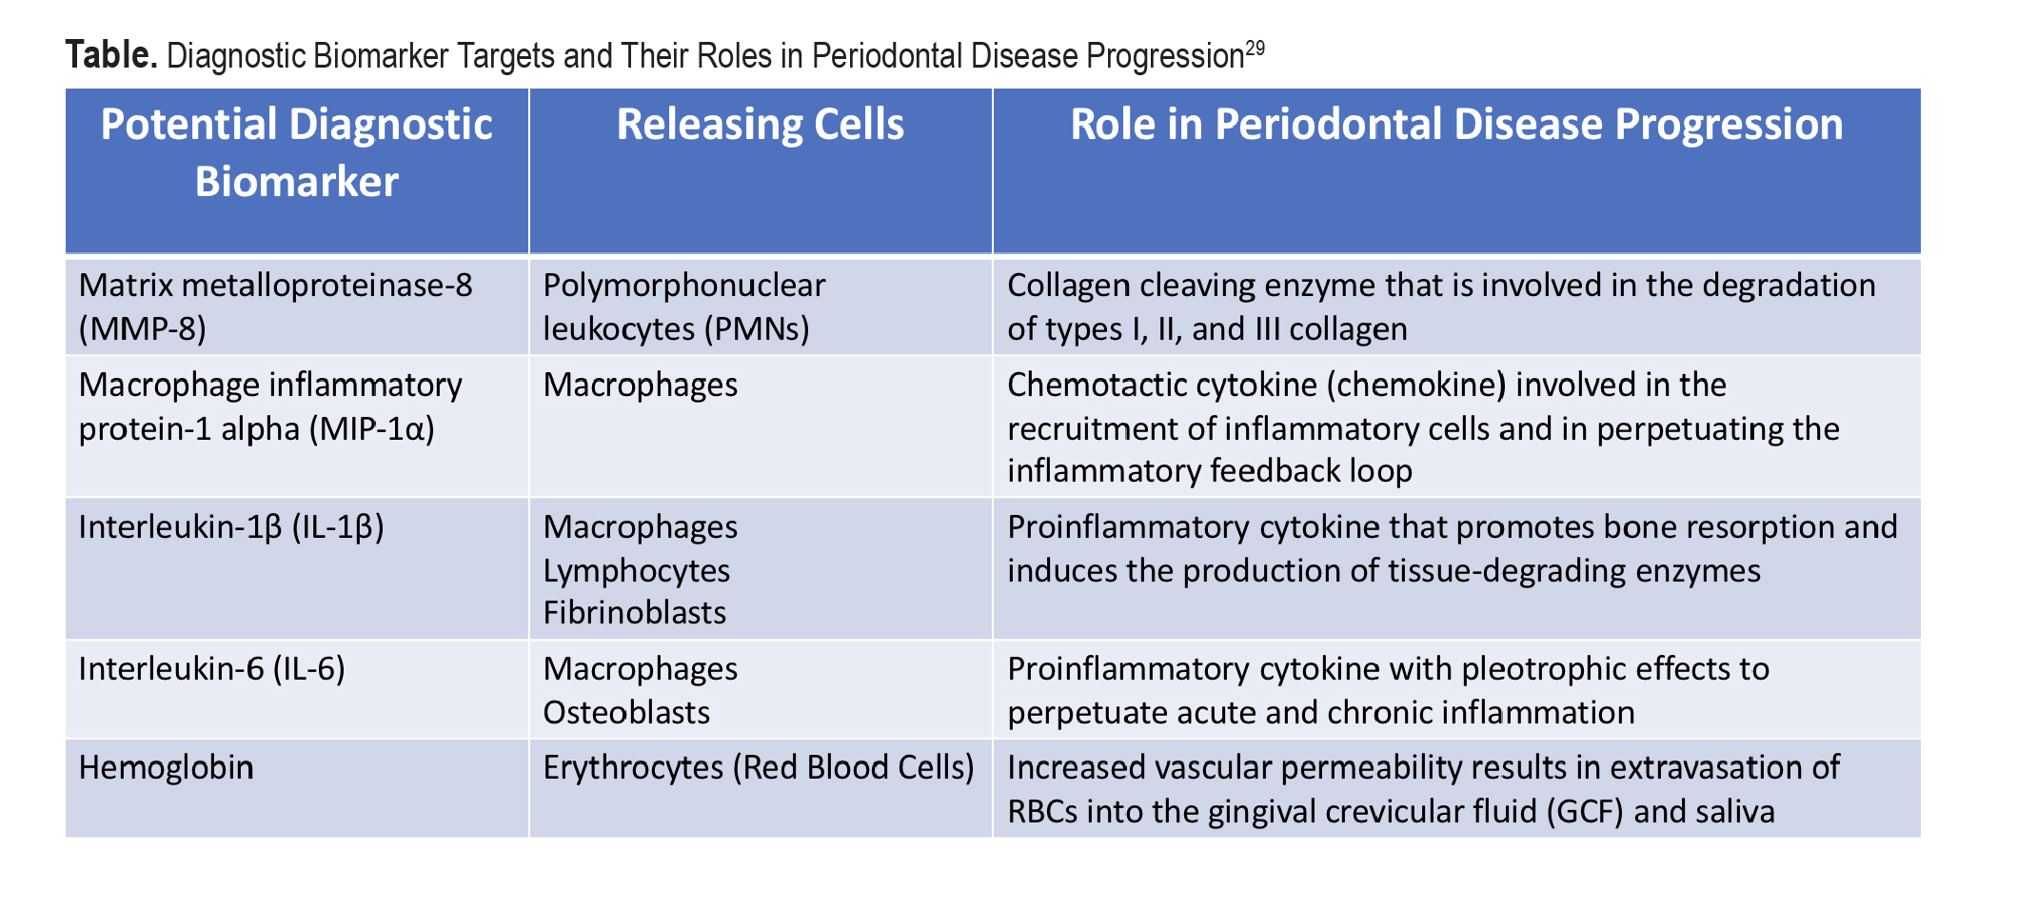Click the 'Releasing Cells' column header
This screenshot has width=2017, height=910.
(761, 125)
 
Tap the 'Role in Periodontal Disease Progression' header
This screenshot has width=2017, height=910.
(1456, 125)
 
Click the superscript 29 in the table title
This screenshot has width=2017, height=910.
(1256, 48)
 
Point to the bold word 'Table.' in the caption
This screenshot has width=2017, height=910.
(111, 55)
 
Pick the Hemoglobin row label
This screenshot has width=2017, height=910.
(167, 767)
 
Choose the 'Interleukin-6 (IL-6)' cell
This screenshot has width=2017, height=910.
(212, 669)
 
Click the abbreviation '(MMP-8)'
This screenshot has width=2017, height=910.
(143, 329)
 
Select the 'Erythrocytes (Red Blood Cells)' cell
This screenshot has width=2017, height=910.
(759, 767)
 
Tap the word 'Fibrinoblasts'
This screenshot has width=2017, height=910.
(635, 612)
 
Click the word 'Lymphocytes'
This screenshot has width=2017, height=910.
(637, 571)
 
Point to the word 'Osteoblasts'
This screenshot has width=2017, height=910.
(627, 712)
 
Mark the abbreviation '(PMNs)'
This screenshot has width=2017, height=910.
(758, 329)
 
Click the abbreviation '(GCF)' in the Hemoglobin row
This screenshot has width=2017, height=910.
(1586, 811)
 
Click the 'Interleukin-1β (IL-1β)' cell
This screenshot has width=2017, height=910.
(231, 527)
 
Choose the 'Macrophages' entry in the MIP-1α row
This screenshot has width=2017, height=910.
(641, 386)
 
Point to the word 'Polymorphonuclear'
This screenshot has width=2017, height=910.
(684, 286)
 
